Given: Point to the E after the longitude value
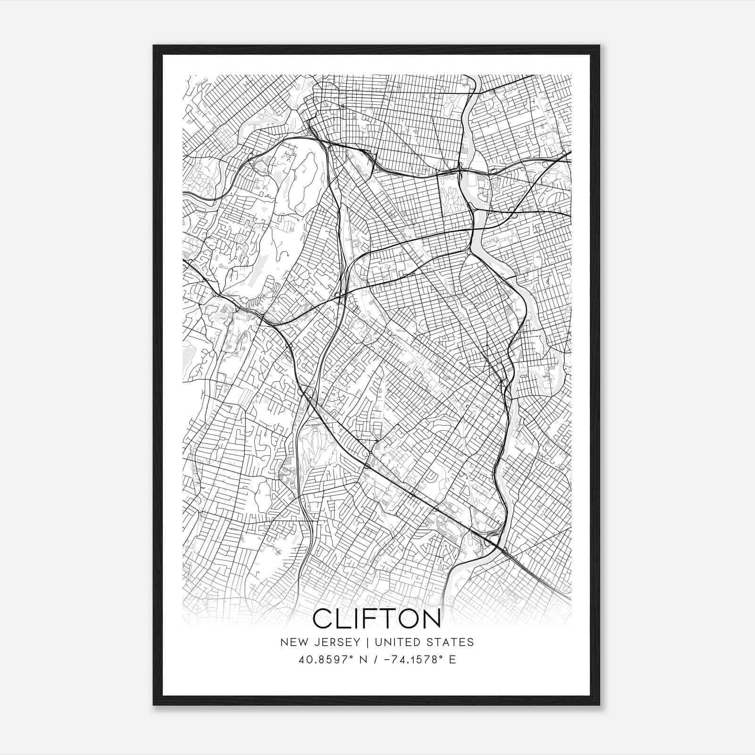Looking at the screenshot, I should point(452,660).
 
